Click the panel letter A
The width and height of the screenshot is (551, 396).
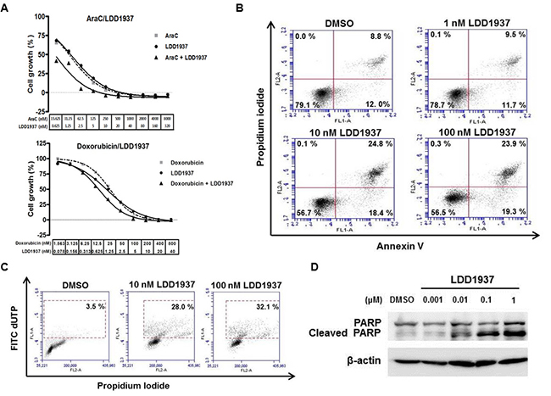(7, 8)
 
